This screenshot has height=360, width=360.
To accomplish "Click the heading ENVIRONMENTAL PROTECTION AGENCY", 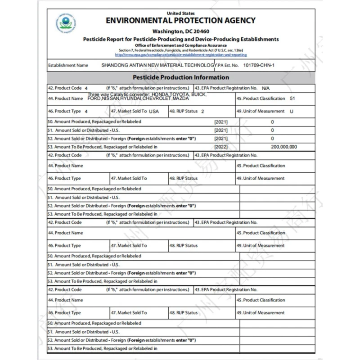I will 180,20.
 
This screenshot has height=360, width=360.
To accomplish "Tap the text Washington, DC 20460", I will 180,31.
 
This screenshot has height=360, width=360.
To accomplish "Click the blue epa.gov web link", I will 180,54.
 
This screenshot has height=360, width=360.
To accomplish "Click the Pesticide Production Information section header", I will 180,77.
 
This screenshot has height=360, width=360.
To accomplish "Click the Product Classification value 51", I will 292,98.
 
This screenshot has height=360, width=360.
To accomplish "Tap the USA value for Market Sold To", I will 154,111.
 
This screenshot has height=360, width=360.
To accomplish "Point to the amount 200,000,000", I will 284,147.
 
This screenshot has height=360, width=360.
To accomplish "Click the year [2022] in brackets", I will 221,147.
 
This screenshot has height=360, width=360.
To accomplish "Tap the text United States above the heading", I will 180,13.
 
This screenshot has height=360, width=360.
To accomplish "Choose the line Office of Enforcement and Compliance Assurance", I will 180,45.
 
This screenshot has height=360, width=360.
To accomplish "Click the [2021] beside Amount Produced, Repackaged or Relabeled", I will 221,121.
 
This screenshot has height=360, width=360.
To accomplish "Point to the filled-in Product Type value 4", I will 86,111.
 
